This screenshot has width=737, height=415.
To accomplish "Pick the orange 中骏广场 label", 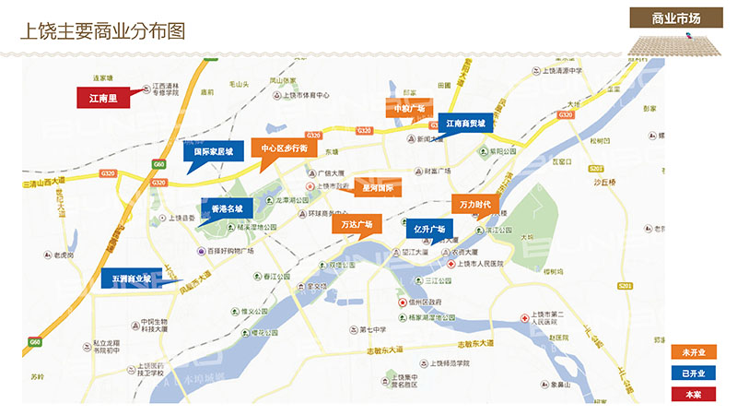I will click(x=409, y=109).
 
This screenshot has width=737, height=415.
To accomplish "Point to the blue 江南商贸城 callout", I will click(x=472, y=123).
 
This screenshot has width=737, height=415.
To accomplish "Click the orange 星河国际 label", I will click(x=377, y=187).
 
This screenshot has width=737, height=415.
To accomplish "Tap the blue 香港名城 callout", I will click(x=227, y=209).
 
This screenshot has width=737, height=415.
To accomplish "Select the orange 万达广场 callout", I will click(x=357, y=224).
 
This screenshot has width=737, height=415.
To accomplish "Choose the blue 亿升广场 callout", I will click(x=428, y=229).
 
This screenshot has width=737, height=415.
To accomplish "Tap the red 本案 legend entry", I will click(x=693, y=395).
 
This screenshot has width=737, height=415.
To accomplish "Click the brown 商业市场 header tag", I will click(x=676, y=18).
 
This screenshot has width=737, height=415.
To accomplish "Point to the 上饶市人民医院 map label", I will click(x=482, y=265).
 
